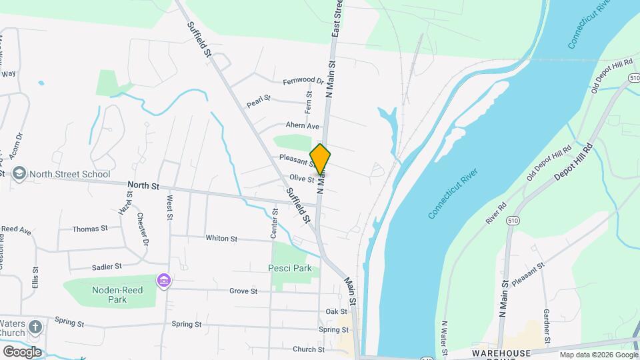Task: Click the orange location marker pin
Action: point(320,159)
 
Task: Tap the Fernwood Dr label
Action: point(303,81)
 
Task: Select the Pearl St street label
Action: point(258,101)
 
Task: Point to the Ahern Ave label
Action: point(303,125)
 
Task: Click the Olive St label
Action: point(301,178)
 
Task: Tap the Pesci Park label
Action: point(290,269)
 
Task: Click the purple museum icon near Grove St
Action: point(163,281)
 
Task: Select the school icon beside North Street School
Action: point(19,174)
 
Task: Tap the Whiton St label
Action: point(221,238)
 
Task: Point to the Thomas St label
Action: point(89,229)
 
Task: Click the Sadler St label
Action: point(107,266)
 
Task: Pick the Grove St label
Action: point(243,291)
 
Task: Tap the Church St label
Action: point(308,349)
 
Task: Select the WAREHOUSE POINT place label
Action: point(501,353)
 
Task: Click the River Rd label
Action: point(497,213)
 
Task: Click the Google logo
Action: point(22,351)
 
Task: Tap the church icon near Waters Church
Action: point(35,327)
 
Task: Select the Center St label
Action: point(274,223)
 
